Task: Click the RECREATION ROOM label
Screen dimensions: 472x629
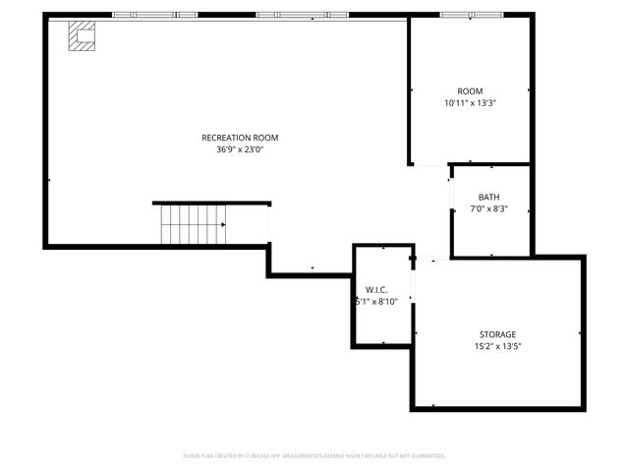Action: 240,138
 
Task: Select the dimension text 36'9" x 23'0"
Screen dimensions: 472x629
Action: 240,149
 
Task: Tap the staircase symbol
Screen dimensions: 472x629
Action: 193,224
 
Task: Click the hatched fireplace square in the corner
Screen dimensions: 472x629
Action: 81,36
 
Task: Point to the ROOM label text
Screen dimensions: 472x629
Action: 470,91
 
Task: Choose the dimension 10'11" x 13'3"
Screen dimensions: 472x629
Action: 470,103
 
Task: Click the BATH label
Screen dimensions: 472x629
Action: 489,198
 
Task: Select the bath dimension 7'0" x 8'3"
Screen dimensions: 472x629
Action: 489,209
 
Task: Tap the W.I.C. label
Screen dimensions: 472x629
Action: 376,290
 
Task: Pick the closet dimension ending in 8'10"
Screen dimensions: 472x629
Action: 376,302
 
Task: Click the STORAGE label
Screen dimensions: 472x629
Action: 497,334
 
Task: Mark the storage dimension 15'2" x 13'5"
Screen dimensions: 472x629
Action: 497,346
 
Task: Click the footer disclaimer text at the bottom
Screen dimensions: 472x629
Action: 314,455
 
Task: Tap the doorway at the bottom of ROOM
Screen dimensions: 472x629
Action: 429,165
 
